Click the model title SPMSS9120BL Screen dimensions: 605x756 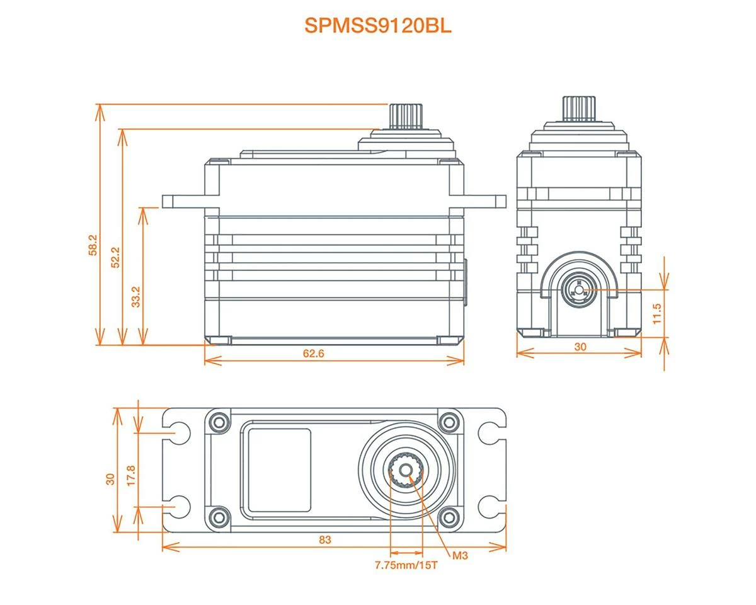(x=378, y=26)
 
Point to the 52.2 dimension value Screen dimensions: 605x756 (x=115, y=258)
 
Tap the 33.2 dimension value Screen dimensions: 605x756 (x=136, y=296)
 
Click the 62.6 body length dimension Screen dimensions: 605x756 (x=313, y=354)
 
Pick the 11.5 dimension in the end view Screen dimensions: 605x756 (x=658, y=313)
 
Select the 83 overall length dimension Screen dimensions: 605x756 (x=325, y=540)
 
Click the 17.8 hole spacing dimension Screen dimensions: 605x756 (x=130, y=474)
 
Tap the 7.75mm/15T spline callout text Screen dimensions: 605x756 (x=406, y=565)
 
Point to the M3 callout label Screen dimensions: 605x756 (x=461, y=556)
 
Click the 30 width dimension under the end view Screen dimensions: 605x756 (x=580, y=347)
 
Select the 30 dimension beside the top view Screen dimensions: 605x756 (x=111, y=478)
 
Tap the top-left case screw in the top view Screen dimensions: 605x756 (x=219, y=420)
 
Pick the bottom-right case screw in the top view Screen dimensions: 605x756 (x=448, y=517)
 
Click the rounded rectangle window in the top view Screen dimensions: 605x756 (x=278, y=470)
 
